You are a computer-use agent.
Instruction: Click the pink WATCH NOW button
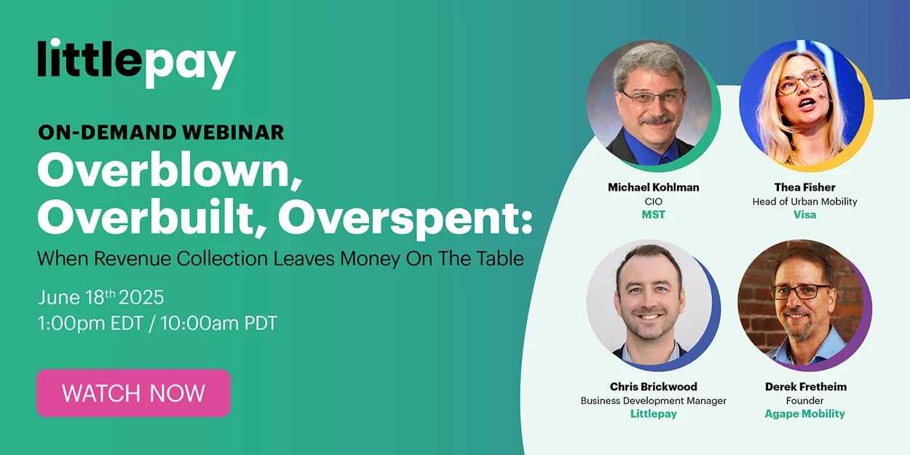(x=133, y=393)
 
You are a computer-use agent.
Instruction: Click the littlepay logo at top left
(x=137, y=63)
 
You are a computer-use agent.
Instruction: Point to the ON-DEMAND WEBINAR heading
(x=162, y=132)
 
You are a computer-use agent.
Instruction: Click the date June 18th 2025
(x=100, y=297)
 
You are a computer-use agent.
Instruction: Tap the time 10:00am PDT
(x=219, y=323)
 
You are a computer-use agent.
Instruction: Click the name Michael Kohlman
(x=653, y=187)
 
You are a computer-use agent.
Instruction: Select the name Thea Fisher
(x=804, y=187)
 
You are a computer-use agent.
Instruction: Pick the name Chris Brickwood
(x=653, y=387)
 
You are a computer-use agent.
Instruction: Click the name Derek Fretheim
(x=806, y=387)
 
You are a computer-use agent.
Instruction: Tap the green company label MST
(x=653, y=215)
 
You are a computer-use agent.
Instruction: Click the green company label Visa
(x=804, y=215)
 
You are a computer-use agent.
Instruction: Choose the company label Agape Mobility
(x=804, y=414)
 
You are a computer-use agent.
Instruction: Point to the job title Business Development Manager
(x=653, y=400)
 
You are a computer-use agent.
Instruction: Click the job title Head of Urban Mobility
(x=804, y=202)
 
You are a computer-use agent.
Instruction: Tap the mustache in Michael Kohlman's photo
(x=656, y=119)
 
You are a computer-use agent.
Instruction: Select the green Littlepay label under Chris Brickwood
(x=653, y=414)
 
